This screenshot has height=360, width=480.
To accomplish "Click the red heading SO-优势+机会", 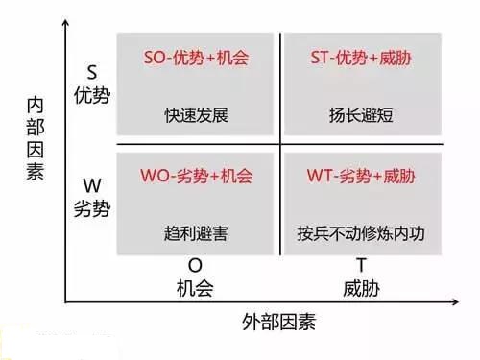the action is (x=196, y=59).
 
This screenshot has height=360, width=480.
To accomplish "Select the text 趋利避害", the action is (x=196, y=232).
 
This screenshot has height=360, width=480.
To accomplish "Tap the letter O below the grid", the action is (x=195, y=265).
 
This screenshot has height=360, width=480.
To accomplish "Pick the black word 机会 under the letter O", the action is (x=195, y=286).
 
